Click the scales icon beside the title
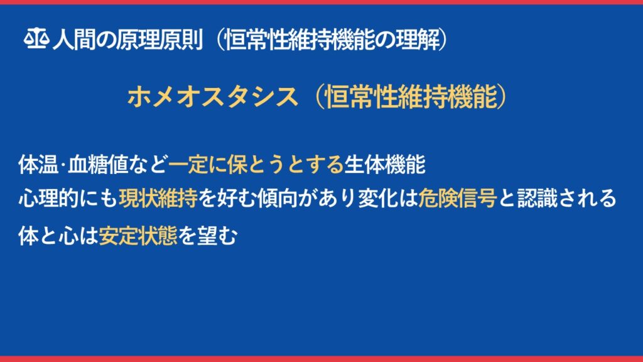(36, 39)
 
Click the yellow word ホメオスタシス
(212, 97)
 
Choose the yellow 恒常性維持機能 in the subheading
(411, 97)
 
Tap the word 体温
(38, 165)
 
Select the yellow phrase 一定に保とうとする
(256, 165)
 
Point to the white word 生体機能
(384, 165)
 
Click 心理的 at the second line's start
(48, 199)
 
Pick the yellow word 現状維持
(158, 199)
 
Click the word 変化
(377, 199)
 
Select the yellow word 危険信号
(458, 199)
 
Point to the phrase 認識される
(567, 199)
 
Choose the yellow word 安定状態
(138, 236)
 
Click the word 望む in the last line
(217, 236)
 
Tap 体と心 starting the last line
(48, 236)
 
